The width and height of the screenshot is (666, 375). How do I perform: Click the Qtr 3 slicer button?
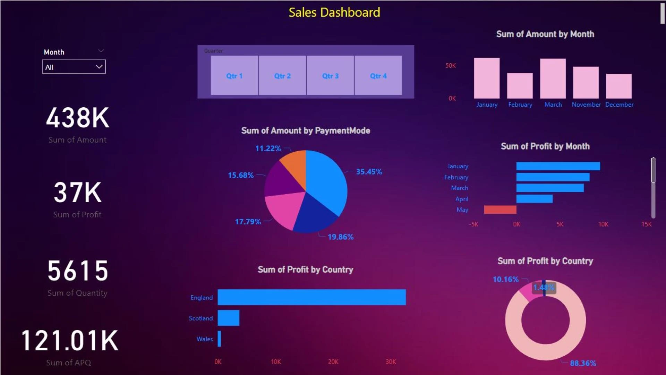(330, 75)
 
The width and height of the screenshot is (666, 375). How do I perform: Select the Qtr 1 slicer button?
(234, 75)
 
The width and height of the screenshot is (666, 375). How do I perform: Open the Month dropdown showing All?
(74, 67)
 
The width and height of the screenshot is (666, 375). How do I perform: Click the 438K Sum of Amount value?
(78, 118)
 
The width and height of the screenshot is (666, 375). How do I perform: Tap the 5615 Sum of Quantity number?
(78, 271)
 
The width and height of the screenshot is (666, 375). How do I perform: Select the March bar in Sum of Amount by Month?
(553, 79)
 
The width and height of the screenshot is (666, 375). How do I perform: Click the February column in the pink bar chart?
(520, 86)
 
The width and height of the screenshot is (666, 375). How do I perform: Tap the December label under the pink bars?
(619, 105)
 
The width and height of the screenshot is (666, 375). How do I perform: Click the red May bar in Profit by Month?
(500, 209)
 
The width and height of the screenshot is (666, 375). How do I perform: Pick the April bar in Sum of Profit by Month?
(534, 199)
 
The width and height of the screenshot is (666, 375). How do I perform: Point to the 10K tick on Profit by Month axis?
(603, 224)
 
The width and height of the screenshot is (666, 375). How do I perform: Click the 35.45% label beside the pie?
(369, 172)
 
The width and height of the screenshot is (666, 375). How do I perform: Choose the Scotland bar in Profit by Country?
(228, 318)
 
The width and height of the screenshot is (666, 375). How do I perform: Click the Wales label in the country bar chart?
(205, 339)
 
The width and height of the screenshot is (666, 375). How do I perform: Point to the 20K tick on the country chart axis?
(333, 362)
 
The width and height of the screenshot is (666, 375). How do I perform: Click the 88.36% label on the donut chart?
(583, 363)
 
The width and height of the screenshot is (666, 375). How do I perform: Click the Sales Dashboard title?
(334, 12)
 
